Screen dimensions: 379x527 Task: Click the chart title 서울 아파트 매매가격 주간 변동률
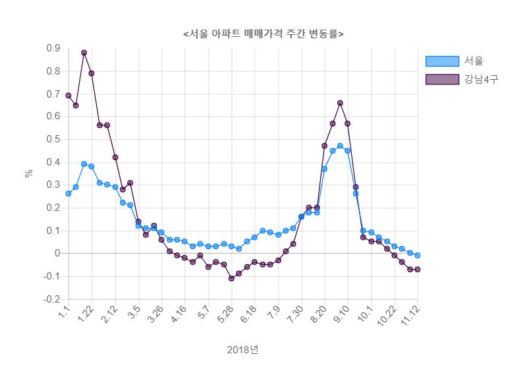coord(263,34)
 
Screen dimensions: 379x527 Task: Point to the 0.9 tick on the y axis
coord(53,48)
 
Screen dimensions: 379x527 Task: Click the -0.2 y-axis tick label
coord(51,299)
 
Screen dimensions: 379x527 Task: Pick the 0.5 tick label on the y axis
coord(53,140)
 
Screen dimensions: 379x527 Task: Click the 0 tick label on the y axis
coord(57,254)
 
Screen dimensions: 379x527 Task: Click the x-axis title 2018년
coord(243,349)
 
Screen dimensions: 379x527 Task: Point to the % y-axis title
coord(28,173)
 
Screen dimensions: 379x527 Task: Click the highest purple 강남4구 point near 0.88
coord(84,53)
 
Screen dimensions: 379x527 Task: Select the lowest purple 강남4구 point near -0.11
coord(231,278)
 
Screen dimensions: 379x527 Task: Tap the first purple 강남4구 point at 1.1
coord(69,96)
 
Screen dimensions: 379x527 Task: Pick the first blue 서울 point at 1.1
coord(69,194)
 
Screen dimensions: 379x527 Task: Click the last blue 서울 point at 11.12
coord(418,255)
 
